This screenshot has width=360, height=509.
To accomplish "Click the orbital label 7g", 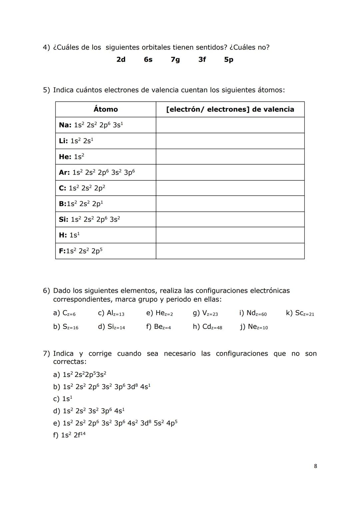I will pos(175,60).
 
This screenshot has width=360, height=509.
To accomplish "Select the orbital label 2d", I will pos(121,60).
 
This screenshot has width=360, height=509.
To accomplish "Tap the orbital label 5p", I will pos(229,60).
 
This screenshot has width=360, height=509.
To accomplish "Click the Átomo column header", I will pos(106,109).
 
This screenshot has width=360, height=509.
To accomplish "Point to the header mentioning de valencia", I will pos(230,109).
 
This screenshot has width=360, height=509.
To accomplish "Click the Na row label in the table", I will pos(91,125).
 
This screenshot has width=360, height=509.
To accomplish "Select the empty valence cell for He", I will pos(230,157).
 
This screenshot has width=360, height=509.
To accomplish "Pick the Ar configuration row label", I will pos(97,172).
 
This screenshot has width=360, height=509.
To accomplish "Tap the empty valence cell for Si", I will pos(230,219).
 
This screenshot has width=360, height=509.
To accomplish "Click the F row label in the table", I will pos(80,251).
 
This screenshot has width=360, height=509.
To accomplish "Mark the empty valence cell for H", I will pos(230,235).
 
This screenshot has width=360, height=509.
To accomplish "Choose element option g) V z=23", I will pos(205,313).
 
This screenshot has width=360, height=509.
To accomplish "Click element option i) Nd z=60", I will pos(253,313).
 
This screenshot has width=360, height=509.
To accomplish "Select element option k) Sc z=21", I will pos(300,313).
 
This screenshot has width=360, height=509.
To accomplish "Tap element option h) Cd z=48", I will pos(207,327).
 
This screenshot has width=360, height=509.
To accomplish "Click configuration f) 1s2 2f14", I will pos(69,435).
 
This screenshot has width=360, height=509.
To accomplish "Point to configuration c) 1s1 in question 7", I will pos(63,399).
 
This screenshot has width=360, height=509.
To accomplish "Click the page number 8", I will pos(315,466).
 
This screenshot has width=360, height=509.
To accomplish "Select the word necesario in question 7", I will pos(180,354).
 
